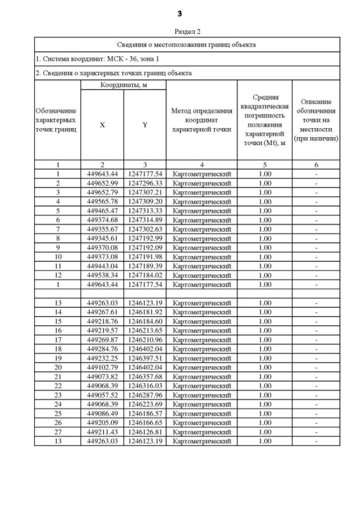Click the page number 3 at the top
(x=180, y=13)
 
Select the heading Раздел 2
(x=187, y=31)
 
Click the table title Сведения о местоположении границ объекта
(x=187, y=44)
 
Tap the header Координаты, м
(x=123, y=85)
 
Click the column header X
(x=102, y=125)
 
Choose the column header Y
(x=145, y=125)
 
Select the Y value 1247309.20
(x=145, y=201)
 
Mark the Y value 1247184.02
(x=145, y=275)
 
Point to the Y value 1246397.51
(x=145, y=358)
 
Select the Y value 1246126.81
(x=145, y=431)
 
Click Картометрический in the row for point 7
(x=201, y=229)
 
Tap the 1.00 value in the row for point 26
(x=264, y=422)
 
